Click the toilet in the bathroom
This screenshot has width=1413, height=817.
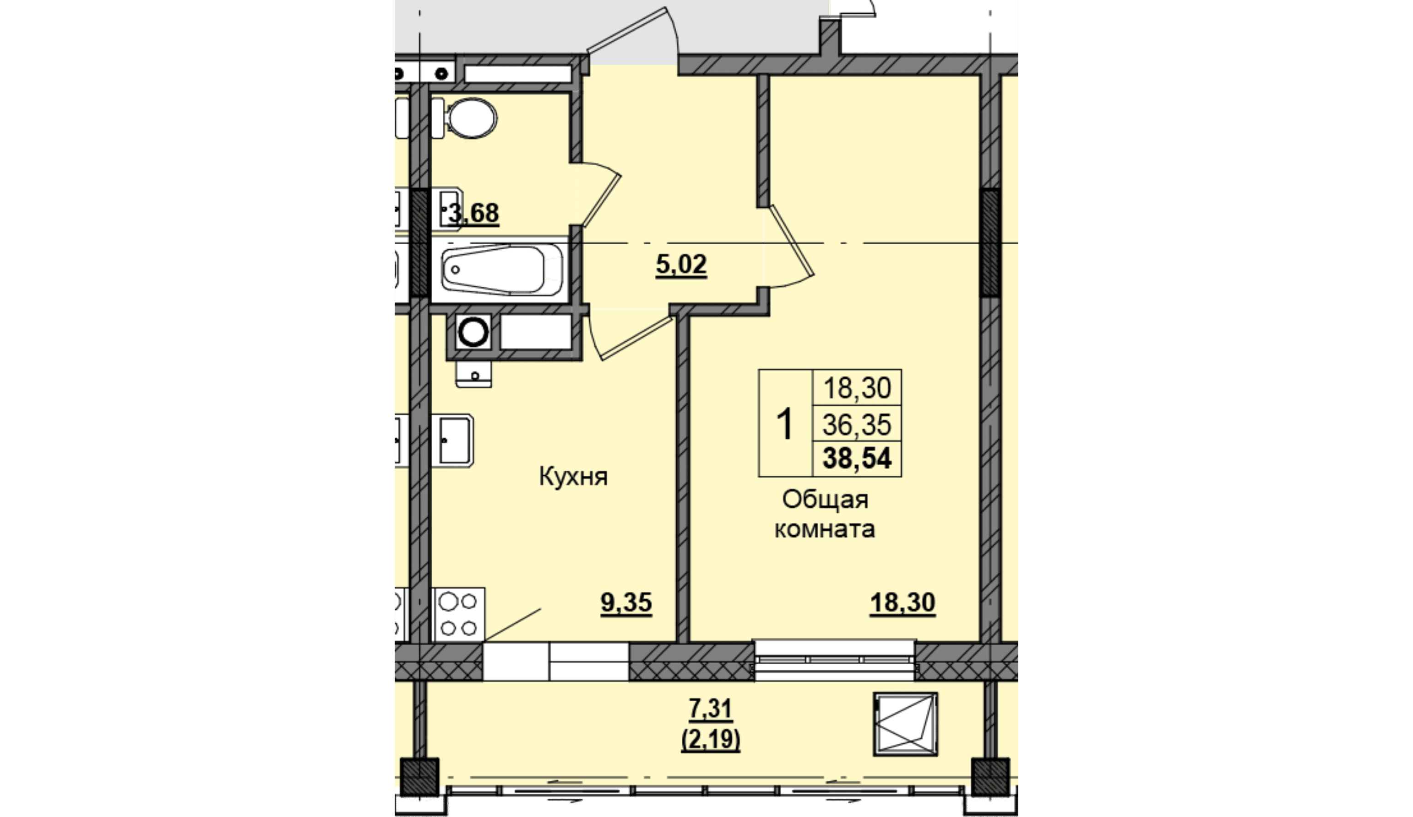point(465,118)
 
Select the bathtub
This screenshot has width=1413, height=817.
point(501,270)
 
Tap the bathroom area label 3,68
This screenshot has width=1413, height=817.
point(474,214)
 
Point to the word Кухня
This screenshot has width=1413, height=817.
point(573,477)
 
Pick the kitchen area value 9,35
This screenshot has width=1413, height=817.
point(626,603)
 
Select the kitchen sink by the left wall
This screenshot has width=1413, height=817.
point(452,441)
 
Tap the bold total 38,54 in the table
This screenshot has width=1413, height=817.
point(857,458)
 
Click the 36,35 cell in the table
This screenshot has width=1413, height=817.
point(857,424)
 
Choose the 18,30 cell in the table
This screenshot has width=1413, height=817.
point(857,388)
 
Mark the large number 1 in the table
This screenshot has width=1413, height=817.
point(786,424)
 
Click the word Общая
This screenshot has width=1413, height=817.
point(826,500)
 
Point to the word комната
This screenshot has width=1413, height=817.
point(825,530)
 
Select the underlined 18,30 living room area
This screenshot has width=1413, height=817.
point(903,603)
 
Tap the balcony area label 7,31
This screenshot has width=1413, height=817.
point(711,709)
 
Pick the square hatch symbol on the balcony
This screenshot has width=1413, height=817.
point(906,724)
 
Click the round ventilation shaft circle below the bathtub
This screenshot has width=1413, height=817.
point(474,332)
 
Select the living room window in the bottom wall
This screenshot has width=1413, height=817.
point(835,660)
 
